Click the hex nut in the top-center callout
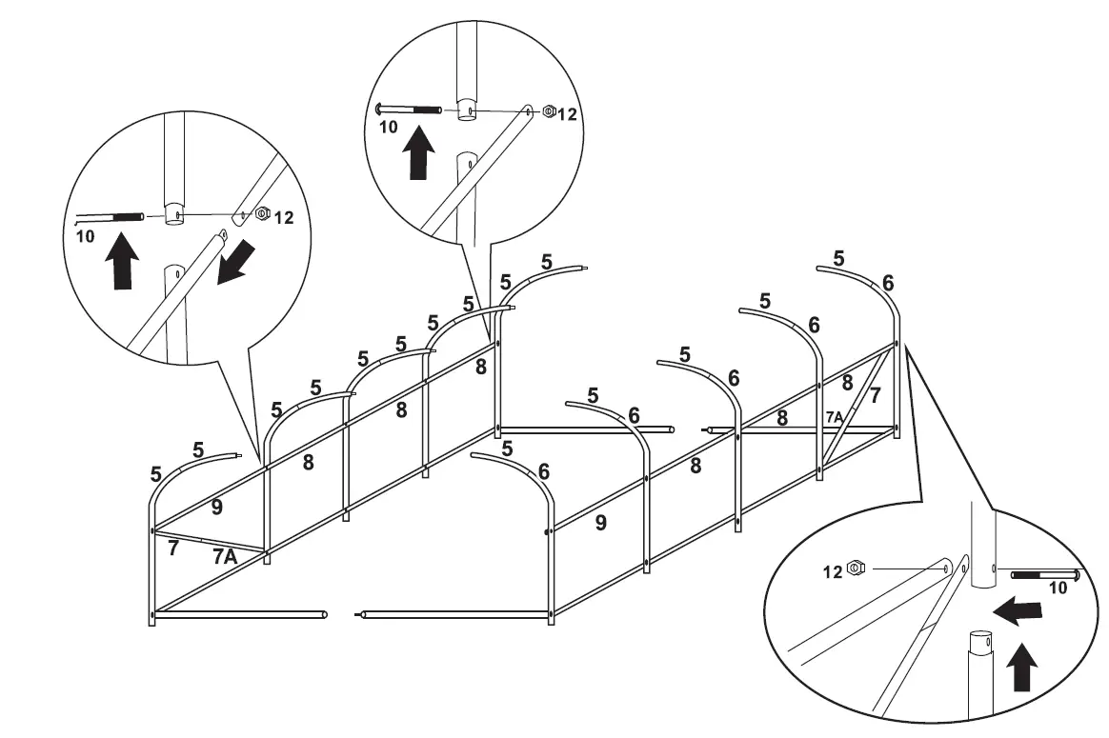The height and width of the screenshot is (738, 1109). point(549,111)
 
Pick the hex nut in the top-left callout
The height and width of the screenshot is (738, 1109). point(261,215)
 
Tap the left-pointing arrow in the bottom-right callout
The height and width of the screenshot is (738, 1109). point(1015,611)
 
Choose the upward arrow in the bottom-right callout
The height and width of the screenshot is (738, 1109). point(1022,667)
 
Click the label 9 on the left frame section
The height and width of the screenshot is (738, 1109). point(217,508)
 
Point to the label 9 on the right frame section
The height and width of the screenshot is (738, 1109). point(600,522)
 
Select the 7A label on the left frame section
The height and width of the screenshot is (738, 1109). point(224,557)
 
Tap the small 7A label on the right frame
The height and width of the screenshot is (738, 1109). point(834,417)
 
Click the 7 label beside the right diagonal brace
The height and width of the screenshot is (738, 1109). point(875,393)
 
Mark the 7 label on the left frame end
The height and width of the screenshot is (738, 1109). point(172,548)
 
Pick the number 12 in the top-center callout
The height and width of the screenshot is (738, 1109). point(568,114)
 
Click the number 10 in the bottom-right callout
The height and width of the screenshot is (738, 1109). point(1059,589)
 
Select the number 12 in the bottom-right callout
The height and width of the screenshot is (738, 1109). point(833,571)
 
